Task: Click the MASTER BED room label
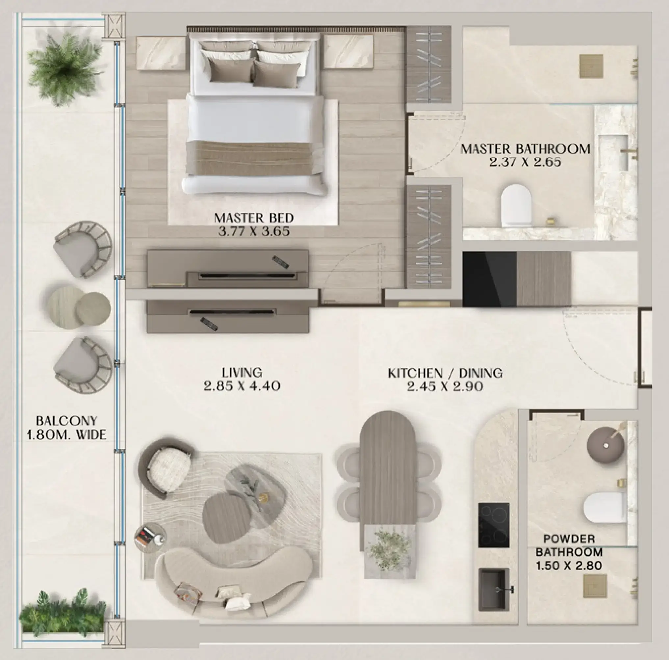click(254, 218)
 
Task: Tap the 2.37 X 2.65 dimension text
click(525, 162)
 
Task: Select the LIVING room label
click(242, 372)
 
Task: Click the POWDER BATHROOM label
click(568, 545)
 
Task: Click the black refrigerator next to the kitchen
click(489, 279)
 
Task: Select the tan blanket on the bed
click(255, 158)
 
